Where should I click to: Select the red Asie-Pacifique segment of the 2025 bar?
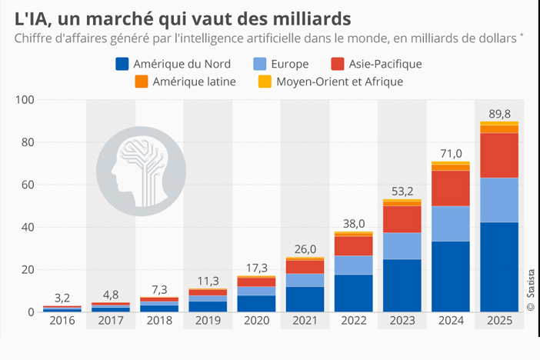tap(498, 155)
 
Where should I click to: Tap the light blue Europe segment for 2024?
tap(450, 224)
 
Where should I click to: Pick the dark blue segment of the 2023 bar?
tap(402, 285)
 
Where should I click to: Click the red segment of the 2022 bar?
tap(355, 245)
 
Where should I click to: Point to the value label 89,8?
tap(498, 114)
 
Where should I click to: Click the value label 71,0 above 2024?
tap(450, 154)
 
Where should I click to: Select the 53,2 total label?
tap(402, 191)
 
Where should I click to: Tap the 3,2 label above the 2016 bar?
tap(63, 297)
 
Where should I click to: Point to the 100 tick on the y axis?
tap(25, 100)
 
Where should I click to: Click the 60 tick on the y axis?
tap(28, 185)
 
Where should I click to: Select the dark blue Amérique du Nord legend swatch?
tap(121, 65)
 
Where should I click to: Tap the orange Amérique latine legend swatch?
tap(141, 82)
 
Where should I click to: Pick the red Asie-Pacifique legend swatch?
tap(336, 65)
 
